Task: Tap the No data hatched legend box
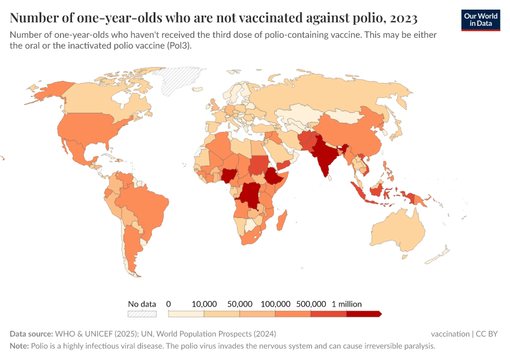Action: (x=142, y=314)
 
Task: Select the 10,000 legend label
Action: (x=204, y=304)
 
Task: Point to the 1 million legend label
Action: (x=346, y=304)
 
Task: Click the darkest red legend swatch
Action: (x=363, y=314)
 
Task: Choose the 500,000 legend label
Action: (x=311, y=304)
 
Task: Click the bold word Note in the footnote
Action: (x=19, y=346)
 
